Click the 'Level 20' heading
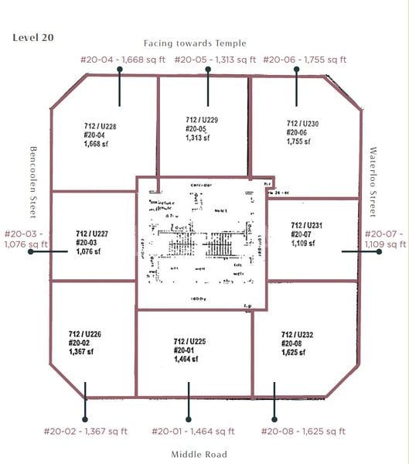[x=33, y=37]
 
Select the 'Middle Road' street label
[x=199, y=454]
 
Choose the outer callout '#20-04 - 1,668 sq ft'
[x=121, y=60]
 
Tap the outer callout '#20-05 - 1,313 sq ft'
[x=215, y=60]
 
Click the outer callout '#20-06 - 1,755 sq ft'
[x=305, y=60]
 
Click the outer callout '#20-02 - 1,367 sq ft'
[x=85, y=432]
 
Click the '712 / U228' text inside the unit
[x=100, y=126]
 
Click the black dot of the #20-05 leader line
[x=207, y=70]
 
